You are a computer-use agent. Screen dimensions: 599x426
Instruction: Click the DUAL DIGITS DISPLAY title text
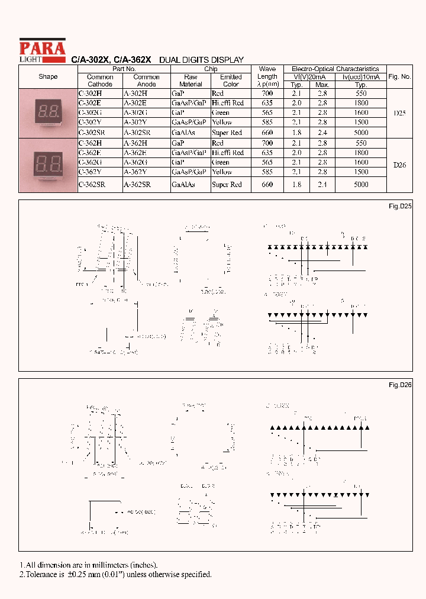coord(202,60)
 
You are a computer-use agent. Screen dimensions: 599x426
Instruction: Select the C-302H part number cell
coord(90,94)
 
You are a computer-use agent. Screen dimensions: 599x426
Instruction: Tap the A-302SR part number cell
coord(137,133)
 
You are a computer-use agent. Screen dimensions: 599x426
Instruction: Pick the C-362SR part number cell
coord(92,185)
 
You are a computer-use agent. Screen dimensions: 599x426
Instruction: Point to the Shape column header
coord(48,77)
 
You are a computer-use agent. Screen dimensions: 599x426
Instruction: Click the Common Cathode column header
coord(100,80)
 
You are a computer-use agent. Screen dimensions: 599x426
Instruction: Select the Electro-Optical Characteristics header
coord(335,69)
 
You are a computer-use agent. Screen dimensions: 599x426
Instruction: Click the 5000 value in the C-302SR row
coord(361,133)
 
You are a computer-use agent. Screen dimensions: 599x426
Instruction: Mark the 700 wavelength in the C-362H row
coord(267,143)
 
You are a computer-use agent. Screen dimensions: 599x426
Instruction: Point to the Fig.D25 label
coord(400,205)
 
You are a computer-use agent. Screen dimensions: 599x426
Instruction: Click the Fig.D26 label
coord(400,385)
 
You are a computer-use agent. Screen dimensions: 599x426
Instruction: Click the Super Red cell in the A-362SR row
coord(227,185)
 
